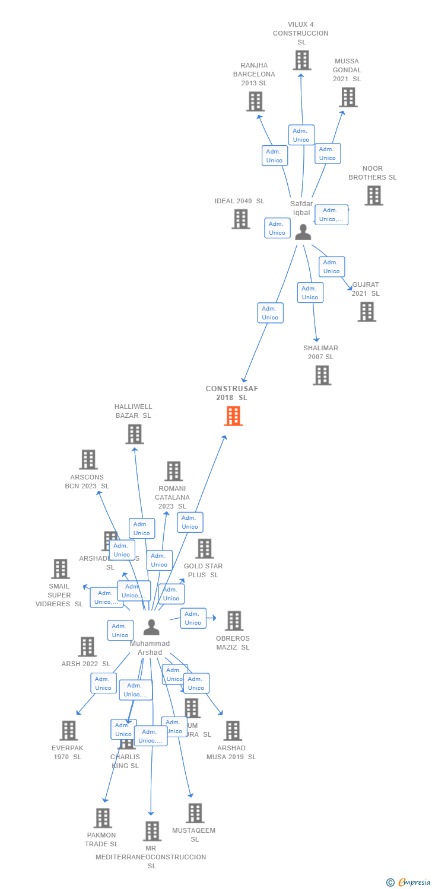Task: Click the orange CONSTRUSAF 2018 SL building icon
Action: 233,416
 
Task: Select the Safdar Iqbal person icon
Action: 303,232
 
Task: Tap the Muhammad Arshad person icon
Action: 151,627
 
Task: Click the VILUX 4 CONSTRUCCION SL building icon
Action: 301,60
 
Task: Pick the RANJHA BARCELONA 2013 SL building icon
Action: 255,101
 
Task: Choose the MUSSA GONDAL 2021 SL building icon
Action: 348,97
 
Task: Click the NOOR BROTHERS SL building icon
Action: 373,196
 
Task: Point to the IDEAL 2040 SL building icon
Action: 240,219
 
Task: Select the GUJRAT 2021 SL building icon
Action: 367,312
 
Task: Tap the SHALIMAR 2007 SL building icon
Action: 322,375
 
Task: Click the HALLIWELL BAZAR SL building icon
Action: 135,434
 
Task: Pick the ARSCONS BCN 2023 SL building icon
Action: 88,459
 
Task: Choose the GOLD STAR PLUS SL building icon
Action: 204,549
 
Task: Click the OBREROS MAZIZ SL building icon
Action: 234,621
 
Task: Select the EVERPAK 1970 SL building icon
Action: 69,731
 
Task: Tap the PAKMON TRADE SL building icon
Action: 102,818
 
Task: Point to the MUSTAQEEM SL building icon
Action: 195,813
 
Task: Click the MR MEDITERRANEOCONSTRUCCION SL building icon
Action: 152,831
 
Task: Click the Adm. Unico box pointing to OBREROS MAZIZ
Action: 193,618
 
